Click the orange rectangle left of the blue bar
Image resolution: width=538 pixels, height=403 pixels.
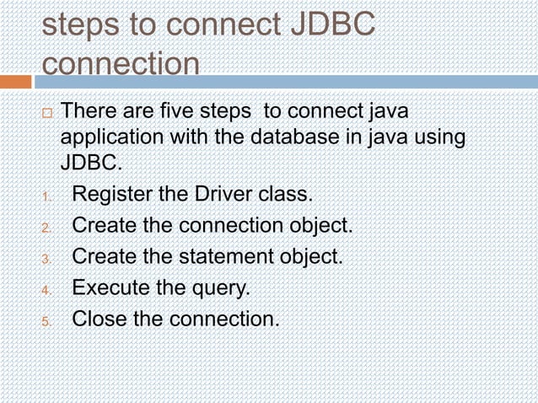pyautogui.click(x=15, y=82)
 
